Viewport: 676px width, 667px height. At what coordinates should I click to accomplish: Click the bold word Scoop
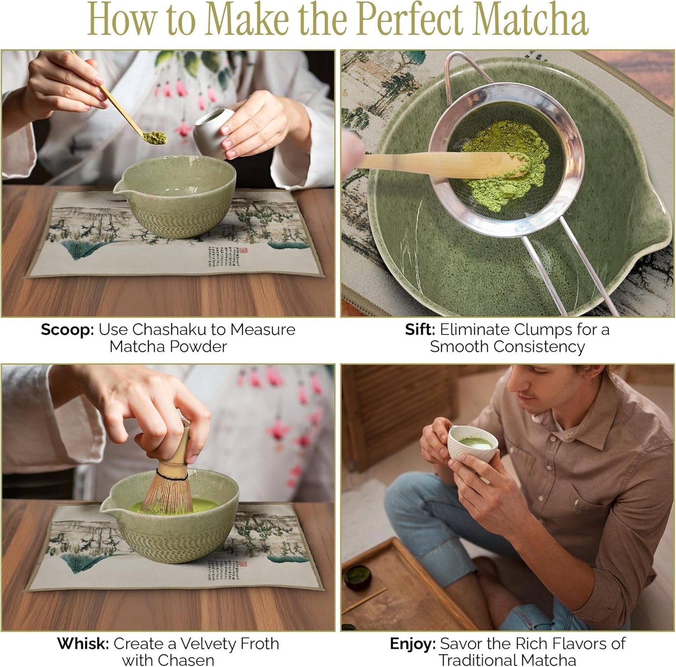coord(67,330)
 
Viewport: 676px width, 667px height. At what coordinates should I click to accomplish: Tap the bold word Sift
coord(420,330)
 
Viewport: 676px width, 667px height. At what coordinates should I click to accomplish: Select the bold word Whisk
coord(83,644)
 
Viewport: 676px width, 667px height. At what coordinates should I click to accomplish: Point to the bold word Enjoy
coord(412,644)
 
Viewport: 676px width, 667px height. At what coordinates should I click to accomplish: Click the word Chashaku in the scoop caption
coord(169,330)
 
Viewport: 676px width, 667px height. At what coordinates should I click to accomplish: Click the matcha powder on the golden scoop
coord(154,138)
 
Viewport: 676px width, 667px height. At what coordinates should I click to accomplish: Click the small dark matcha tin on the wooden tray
coord(358,577)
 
